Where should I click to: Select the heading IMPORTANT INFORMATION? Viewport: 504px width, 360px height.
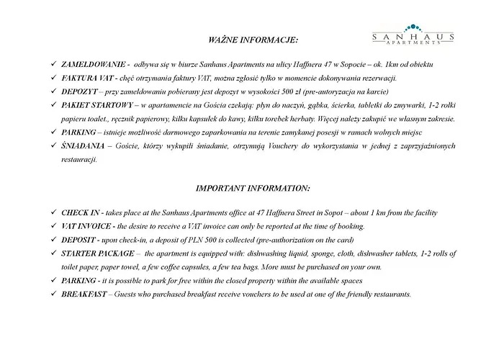[x=253, y=189]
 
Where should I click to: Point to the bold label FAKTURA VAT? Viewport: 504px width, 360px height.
[x=88, y=78]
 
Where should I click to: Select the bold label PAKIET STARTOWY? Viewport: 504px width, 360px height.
[x=98, y=105]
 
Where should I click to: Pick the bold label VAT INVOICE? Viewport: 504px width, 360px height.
[x=87, y=227]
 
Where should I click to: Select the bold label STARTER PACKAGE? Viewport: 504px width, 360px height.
[x=98, y=253]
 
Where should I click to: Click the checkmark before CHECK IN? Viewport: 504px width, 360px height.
[x=48, y=213]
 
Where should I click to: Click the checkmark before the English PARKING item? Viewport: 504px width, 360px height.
[x=48, y=281]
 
